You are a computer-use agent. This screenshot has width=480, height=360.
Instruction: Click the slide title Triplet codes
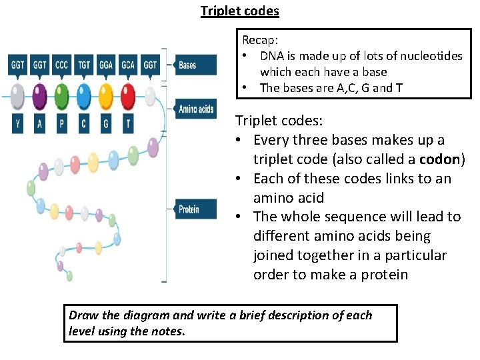click(x=240, y=11)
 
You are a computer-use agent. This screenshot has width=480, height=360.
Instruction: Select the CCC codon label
click(x=61, y=65)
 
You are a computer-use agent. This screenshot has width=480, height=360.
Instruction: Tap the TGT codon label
click(x=83, y=65)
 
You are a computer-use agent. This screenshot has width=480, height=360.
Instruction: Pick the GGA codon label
click(x=105, y=65)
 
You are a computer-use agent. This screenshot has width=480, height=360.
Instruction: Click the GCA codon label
click(x=127, y=65)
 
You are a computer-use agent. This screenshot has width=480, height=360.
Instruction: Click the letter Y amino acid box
click(x=17, y=123)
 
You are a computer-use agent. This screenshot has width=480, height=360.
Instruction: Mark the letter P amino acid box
click(x=61, y=123)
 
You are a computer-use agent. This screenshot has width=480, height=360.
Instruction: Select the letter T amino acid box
click(x=127, y=123)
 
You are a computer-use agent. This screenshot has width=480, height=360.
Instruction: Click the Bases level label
click(x=194, y=65)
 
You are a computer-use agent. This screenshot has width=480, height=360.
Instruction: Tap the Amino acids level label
click(x=195, y=109)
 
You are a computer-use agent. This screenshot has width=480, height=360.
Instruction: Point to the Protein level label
click(x=194, y=209)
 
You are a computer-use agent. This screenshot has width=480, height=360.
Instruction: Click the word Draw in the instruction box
click(x=83, y=315)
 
